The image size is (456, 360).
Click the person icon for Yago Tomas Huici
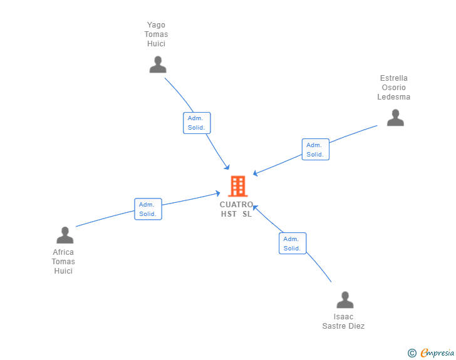pyautogui.click(x=158, y=64)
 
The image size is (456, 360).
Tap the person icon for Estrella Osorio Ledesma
pyautogui.click(x=395, y=118)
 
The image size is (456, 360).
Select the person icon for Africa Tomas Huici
pyautogui.click(x=65, y=235)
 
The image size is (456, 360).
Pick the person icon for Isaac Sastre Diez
pyautogui.click(x=345, y=300)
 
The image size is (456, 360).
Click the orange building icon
pyautogui.click(x=238, y=186)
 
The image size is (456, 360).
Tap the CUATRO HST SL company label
pyautogui.click(x=236, y=209)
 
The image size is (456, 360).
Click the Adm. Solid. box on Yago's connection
pyautogui.click(x=197, y=123)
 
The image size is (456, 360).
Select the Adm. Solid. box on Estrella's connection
pyautogui.click(x=316, y=150)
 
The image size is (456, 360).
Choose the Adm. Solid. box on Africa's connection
pyautogui.click(x=148, y=209)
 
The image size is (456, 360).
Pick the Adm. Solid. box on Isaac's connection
pyautogui.click(x=293, y=244)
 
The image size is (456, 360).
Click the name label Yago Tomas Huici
pyautogui.click(x=156, y=34)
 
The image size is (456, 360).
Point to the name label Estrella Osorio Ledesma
pyautogui.click(x=394, y=88)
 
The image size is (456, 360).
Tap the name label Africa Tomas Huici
pyautogui.click(x=63, y=262)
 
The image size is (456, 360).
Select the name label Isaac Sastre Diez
pyautogui.click(x=343, y=321)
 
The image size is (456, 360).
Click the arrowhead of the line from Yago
pyautogui.click(x=227, y=167)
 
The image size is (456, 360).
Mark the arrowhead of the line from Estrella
pyautogui.click(x=255, y=173)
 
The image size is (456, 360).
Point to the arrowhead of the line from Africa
pyautogui.click(x=217, y=193)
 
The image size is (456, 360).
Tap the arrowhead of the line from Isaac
pyautogui.click(x=255, y=208)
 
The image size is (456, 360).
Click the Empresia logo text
pyautogui.click(x=437, y=353)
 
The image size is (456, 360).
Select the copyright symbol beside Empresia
pyautogui.click(x=412, y=353)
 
